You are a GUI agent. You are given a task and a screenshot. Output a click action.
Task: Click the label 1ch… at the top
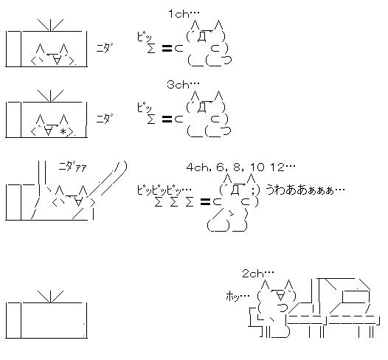(184, 14)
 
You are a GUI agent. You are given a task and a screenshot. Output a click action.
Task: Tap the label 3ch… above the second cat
(183, 85)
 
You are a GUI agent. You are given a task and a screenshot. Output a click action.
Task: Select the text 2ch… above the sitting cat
(258, 274)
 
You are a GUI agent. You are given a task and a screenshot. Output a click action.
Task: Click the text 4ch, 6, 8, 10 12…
(240, 167)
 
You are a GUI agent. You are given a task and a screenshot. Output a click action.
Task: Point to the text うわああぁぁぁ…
(305, 190)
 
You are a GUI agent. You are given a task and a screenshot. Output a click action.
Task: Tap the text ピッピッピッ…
(164, 190)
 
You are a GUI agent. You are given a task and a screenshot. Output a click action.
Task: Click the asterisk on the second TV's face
(63, 131)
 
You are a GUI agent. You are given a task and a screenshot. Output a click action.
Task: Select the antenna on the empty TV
(50, 297)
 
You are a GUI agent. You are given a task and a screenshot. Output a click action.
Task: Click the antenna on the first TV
(50, 25)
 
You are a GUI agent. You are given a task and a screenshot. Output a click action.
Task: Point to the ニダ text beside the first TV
(105, 47)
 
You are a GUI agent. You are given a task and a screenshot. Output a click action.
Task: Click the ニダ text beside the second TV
(105, 118)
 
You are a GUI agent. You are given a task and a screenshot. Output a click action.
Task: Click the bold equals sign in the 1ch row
(167, 48)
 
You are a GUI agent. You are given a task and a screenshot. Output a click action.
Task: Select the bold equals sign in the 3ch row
(167, 120)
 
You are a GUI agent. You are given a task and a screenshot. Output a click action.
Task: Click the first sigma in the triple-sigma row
(159, 202)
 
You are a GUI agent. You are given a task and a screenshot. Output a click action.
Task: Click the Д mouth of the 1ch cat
(202, 37)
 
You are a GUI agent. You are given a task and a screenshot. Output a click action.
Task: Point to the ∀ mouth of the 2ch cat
(280, 296)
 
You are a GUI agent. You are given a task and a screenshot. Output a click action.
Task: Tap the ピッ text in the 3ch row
(145, 108)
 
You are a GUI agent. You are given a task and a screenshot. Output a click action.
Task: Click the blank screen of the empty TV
(54, 320)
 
